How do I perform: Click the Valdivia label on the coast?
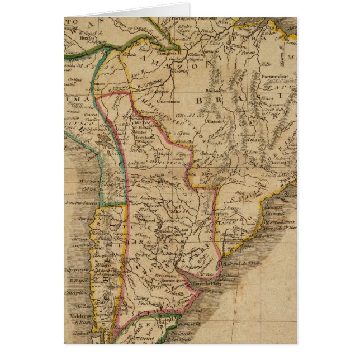click(x=76, y=315)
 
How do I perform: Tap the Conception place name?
click(x=77, y=292)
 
